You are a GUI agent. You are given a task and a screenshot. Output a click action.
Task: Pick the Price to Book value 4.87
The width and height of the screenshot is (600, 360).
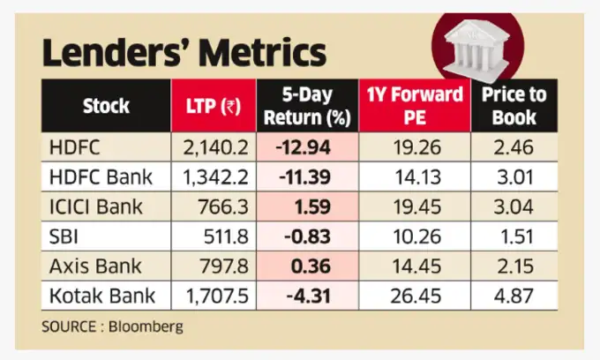[x=514, y=296]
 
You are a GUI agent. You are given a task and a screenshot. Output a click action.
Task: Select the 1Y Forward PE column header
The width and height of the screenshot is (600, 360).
[x=413, y=106]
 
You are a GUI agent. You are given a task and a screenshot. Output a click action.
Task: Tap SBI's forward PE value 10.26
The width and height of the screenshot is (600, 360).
[x=412, y=236]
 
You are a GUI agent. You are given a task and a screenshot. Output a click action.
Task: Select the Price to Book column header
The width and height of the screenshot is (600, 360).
[x=514, y=106]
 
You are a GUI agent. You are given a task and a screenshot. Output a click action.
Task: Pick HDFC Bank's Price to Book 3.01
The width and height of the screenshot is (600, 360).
[x=514, y=176]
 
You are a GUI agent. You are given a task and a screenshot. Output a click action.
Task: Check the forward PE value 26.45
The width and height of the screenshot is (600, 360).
[x=412, y=296]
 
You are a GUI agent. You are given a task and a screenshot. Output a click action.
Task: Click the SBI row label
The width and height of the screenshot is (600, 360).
[x=69, y=236]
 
